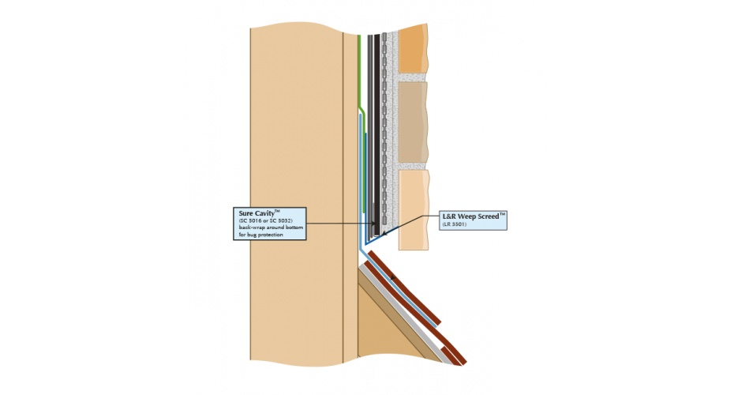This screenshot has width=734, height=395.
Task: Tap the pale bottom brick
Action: pyautogui.click(x=413, y=209)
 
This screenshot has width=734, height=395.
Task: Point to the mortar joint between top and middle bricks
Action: pyautogui.click(x=410, y=77)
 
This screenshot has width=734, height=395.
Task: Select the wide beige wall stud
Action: pyautogui.click(x=296, y=197)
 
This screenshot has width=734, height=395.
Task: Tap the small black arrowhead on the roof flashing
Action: pyautogui.click(x=391, y=276)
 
